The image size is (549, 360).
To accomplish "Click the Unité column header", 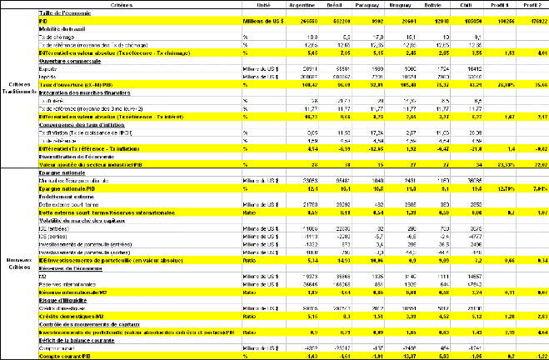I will tap(262, 4).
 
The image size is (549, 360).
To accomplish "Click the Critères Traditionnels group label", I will tap(18, 89).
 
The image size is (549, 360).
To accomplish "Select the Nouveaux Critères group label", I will tap(18, 260).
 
